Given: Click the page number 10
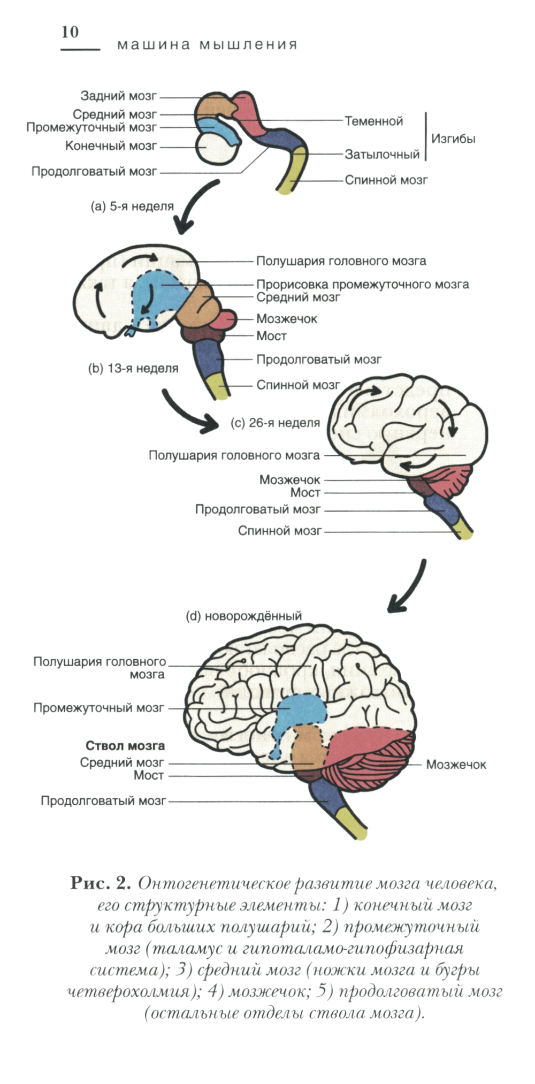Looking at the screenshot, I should (70, 32).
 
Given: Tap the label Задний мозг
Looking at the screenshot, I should (119, 96).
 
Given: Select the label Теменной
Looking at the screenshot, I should (373, 121).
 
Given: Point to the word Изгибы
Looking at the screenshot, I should (453, 139).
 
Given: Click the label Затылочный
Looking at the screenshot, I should (382, 155).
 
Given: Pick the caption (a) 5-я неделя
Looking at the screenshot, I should (132, 207).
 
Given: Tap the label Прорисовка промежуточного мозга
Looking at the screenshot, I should (362, 285).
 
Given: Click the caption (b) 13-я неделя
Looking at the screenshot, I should (133, 369).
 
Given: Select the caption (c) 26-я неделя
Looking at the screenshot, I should (275, 423).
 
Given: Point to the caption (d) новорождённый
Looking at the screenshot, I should (243, 616).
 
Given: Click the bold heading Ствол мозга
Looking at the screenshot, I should (125, 746).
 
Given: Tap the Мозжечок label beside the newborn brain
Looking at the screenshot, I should (456, 765).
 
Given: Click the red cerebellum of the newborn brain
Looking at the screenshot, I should (369, 754).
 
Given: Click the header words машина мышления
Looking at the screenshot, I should (207, 45).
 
